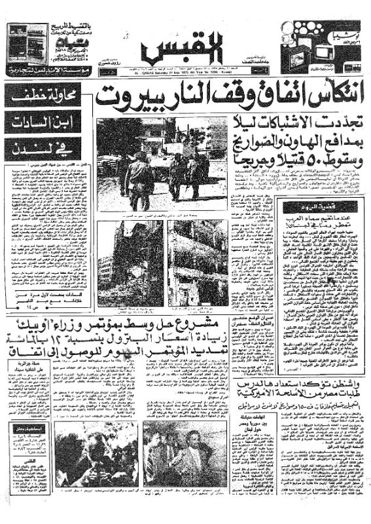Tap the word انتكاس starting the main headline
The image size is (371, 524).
click(x=328, y=98)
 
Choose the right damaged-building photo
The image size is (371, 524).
click(x=197, y=262)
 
